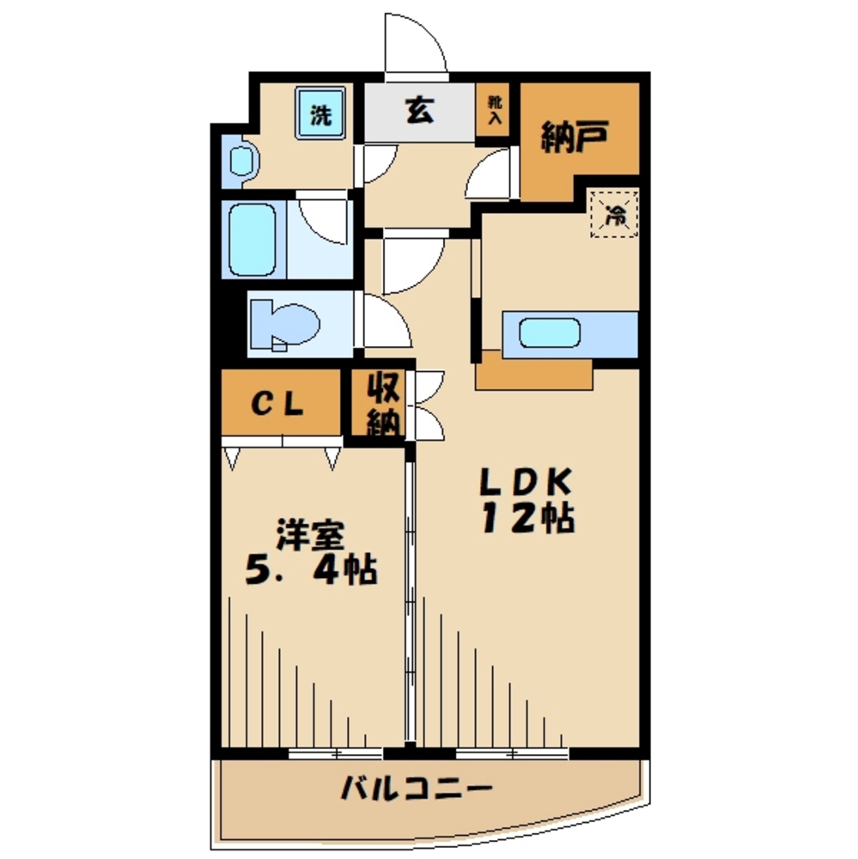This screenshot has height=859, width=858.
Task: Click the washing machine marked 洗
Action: tap(321, 113)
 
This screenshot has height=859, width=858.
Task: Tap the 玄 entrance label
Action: tap(420, 110)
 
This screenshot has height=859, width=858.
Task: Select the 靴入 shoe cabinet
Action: tap(494, 110)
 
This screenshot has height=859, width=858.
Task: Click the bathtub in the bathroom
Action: tap(252, 240)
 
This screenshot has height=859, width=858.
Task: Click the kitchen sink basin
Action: tap(550, 332)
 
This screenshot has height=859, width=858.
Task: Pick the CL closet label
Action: tap(277, 405)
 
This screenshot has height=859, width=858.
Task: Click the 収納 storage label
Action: tap(383, 404)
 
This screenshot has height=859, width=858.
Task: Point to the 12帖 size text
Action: tap(528, 518)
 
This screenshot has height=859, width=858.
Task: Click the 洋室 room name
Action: tap(311, 534)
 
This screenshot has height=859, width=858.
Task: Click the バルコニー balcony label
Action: tap(417, 789)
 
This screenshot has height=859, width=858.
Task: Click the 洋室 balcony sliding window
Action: tap(336, 753)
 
